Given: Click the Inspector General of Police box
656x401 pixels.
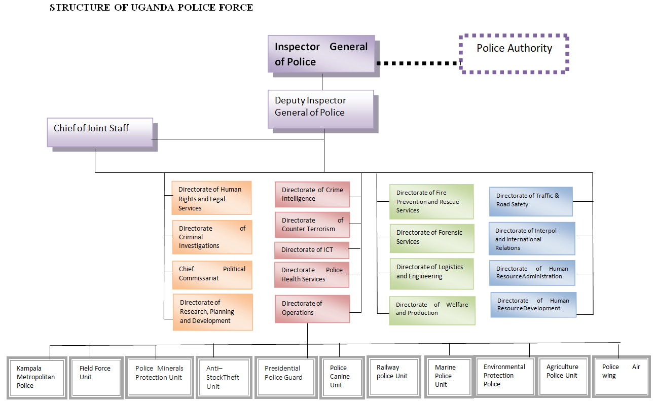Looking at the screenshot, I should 321,54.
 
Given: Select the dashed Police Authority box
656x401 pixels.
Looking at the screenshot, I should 514,53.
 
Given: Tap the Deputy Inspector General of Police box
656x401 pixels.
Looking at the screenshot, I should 320,108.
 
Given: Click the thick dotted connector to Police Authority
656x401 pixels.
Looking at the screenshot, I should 418,63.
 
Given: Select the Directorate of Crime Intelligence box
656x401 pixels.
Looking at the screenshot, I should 312,194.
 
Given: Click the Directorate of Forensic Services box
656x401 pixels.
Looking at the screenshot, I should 431,237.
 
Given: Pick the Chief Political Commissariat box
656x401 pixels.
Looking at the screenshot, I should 212,274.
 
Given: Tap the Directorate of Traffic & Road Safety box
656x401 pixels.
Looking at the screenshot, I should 530,201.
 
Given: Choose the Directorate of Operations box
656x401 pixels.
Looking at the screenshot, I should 312,308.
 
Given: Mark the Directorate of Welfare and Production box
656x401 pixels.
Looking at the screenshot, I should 432,309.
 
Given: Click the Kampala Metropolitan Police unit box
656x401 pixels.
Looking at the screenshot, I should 36,377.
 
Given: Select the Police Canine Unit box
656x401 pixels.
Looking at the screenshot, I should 339,377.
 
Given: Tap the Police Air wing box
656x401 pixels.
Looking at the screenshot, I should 621,376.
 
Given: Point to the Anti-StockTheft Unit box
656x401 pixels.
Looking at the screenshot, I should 223,377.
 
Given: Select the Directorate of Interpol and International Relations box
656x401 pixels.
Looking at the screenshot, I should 532,239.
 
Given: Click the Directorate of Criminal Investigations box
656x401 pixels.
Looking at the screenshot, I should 212,237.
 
